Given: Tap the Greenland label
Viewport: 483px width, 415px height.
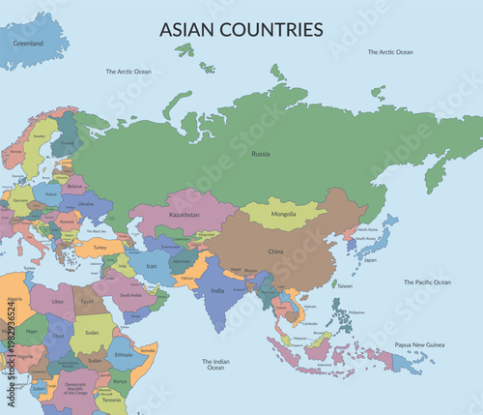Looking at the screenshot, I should pos(28,44).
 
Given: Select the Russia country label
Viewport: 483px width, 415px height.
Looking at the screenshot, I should pos(260,154).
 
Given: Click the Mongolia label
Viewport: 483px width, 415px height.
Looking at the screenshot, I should pos(283,213).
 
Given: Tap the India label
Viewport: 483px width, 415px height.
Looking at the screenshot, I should pos(217,291).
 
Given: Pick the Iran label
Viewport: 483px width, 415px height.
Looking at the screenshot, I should pos(153,264).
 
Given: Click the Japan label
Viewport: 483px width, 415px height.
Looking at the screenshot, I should pos(370,259).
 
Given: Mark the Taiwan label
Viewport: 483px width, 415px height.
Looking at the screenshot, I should pos(345,286).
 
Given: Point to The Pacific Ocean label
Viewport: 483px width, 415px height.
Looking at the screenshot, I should pos(427,282).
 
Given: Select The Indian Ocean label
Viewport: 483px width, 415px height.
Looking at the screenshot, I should pos(214,365).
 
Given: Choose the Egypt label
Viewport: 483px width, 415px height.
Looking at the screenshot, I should pos(87,301).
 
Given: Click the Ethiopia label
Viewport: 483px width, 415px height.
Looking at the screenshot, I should pos(124,355).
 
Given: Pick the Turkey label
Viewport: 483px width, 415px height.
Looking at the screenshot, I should pos(99,246).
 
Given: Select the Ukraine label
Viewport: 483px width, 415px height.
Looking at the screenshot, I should pos(85,204).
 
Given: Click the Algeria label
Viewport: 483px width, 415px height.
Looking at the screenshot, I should pos(14,300).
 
